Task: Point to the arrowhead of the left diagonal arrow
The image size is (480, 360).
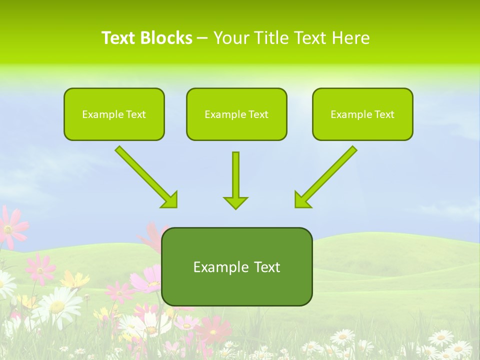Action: tap(170, 200)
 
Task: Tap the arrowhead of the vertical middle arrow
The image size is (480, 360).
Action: tap(235, 202)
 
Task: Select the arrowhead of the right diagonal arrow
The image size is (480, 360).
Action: tap(302, 200)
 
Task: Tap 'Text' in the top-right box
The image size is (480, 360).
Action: tap(384, 114)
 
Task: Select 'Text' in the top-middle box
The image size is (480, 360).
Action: tap(258, 114)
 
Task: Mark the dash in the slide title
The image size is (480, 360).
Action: tap(202, 38)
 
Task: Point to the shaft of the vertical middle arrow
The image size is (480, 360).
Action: tap(235, 172)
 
